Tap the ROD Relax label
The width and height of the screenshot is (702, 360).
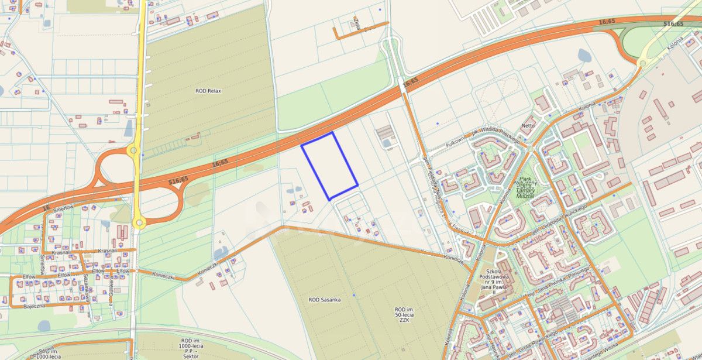pos(208,91)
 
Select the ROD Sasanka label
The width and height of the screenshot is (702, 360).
pos(325,299)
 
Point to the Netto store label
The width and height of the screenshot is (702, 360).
pos(528,125)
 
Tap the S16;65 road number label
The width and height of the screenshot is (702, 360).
pos(673,24)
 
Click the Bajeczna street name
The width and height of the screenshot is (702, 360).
pos(34,306)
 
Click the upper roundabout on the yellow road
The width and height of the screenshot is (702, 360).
pos(134,150)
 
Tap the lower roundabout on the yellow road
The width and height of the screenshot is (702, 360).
pos(139,222)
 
